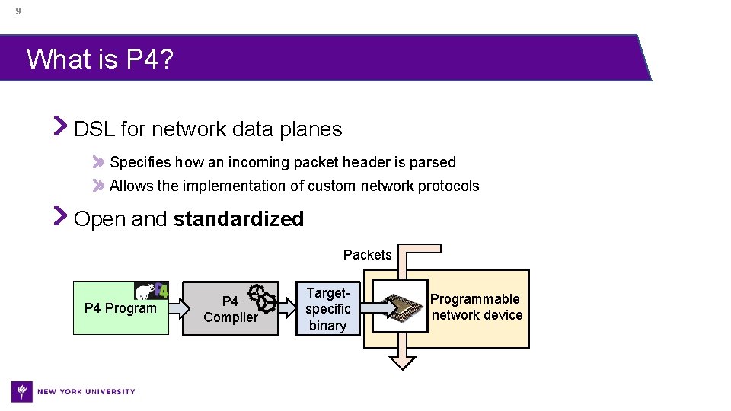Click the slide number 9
(18, 11)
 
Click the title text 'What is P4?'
(100, 59)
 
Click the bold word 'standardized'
(238, 219)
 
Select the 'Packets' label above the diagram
(367, 255)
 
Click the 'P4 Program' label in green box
(120, 308)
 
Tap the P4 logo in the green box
(152, 291)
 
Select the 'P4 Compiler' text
(230, 310)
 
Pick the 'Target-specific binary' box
(327, 309)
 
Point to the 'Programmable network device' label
(476, 307)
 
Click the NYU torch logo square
(22, 391)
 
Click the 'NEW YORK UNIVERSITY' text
(86, 392)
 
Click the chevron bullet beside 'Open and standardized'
(61, 218)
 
